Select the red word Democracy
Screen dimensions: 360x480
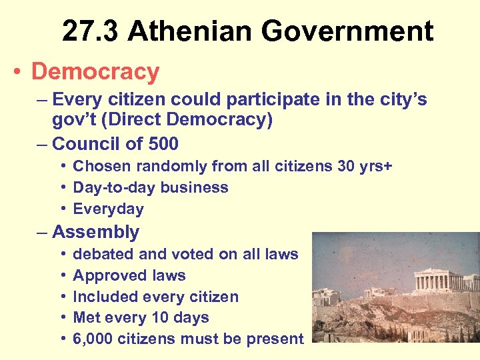[x=95, y=72]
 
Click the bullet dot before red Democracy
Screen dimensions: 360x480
[x=17, y=73]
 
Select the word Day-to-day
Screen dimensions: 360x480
[x=111, y=187]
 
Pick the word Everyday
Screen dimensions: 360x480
[x=108, y=209]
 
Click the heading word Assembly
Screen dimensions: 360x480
[x=96, y=232]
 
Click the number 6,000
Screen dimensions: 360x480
[x=93, y=339]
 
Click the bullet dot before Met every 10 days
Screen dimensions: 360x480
[x=61, y=318]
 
